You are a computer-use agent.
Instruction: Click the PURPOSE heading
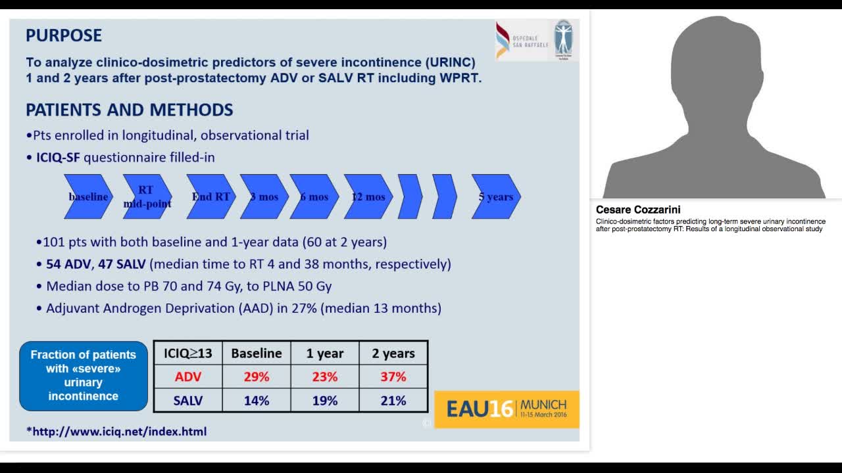[x=64, y=35]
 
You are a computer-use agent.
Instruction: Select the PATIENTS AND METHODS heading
[x=130, y=110]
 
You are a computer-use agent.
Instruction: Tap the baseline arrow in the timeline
[x=88, y=196]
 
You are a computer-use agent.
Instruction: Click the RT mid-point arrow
[x=147, y=196]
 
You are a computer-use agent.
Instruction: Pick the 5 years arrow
[x=496, y=196]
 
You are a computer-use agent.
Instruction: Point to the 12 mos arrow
[x=368, y=196]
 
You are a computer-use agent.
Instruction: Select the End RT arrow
[x=210, y=196]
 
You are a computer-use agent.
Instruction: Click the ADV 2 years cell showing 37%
[x=393, y=377]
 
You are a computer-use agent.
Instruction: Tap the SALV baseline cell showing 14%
[x=257, y=401]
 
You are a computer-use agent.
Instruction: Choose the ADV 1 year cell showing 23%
[x=325, y=377]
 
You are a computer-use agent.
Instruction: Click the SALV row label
[x=187, y=401]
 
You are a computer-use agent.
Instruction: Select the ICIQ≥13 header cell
[x=187, y=353]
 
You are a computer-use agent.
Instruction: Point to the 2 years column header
[x=393, y=353]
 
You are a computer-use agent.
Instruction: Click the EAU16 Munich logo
[x=507, y=409]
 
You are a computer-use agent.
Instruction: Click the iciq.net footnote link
[x=116, y=432]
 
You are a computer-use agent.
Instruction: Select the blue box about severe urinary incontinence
[x=83, y=375]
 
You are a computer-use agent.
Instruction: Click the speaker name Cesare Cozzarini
[x=638, y=210]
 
